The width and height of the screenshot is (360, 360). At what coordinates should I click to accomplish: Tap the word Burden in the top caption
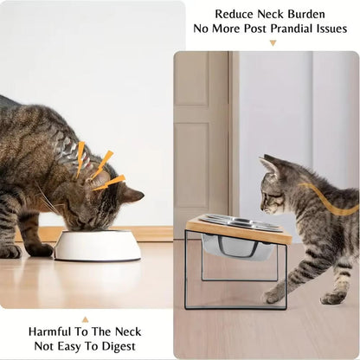(x=309, y=14)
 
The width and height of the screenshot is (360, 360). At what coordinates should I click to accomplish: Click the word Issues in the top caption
(x=334, y=29)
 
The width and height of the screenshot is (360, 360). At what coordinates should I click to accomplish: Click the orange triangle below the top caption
(x=273, y=42)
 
